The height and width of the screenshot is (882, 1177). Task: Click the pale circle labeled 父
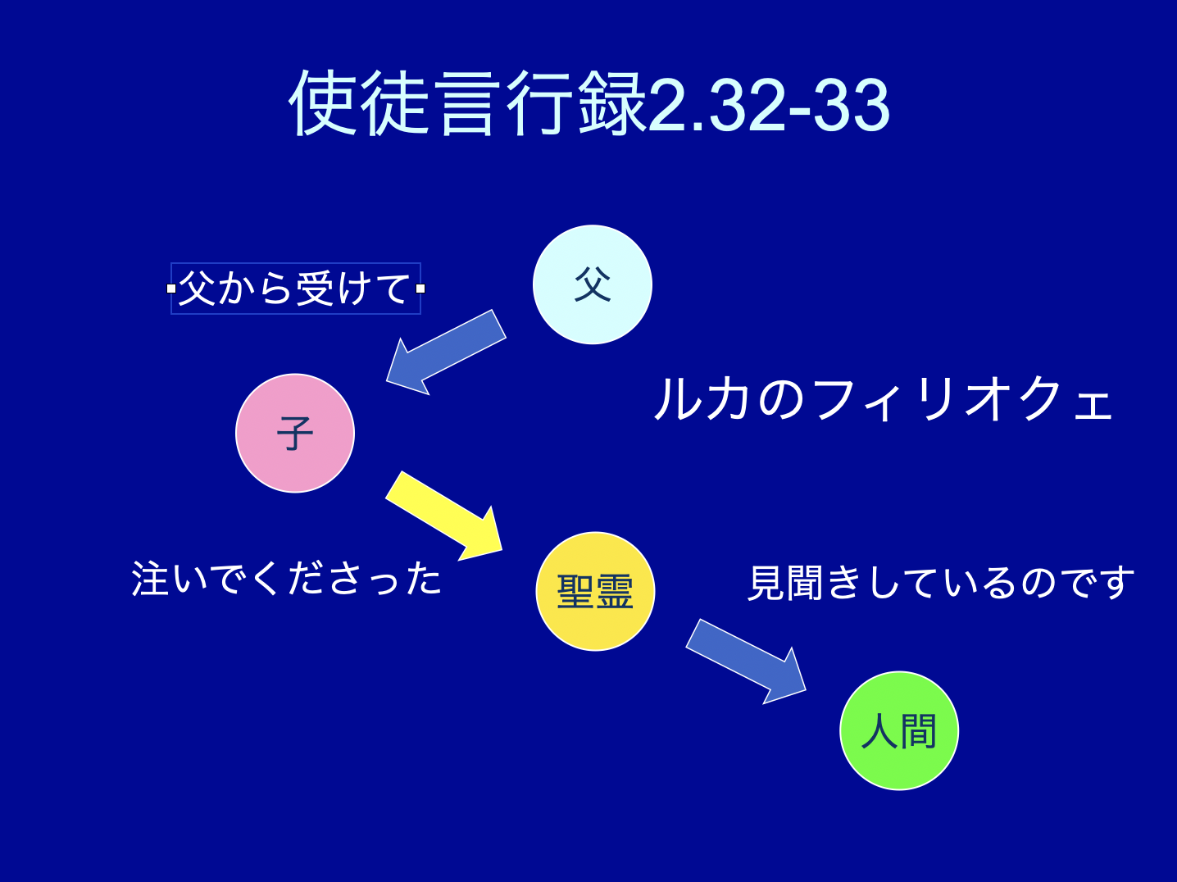coord(592,284)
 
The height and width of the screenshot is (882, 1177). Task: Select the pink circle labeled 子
coord(295,433)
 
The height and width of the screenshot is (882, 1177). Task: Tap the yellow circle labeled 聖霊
coord(595,591)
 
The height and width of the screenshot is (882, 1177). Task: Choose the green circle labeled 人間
coord(898,730)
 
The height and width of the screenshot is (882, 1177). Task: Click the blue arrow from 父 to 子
coord(446,352)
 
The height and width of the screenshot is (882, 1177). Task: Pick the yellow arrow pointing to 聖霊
coord(444,516)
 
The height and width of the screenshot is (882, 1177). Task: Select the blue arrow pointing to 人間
coord(746,661)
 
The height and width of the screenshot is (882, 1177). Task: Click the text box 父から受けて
coord(295,289)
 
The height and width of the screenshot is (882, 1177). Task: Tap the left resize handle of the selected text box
coord(171,289)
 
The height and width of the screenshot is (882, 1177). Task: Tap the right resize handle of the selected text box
coord(420,289)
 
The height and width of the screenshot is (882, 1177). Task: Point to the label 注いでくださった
coord(286,579)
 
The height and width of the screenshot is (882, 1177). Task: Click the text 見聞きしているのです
coord(940,582)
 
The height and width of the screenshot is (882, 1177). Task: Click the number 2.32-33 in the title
coord(769,104)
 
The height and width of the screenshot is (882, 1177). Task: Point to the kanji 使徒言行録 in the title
coord(467,103)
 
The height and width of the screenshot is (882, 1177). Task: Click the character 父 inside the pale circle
coord(593,284)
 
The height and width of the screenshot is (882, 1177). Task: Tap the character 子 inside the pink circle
coord(295,434)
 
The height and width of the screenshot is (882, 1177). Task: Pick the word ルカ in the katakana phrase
coord(702,399)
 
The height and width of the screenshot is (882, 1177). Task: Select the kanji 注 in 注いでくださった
coord(150,579)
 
